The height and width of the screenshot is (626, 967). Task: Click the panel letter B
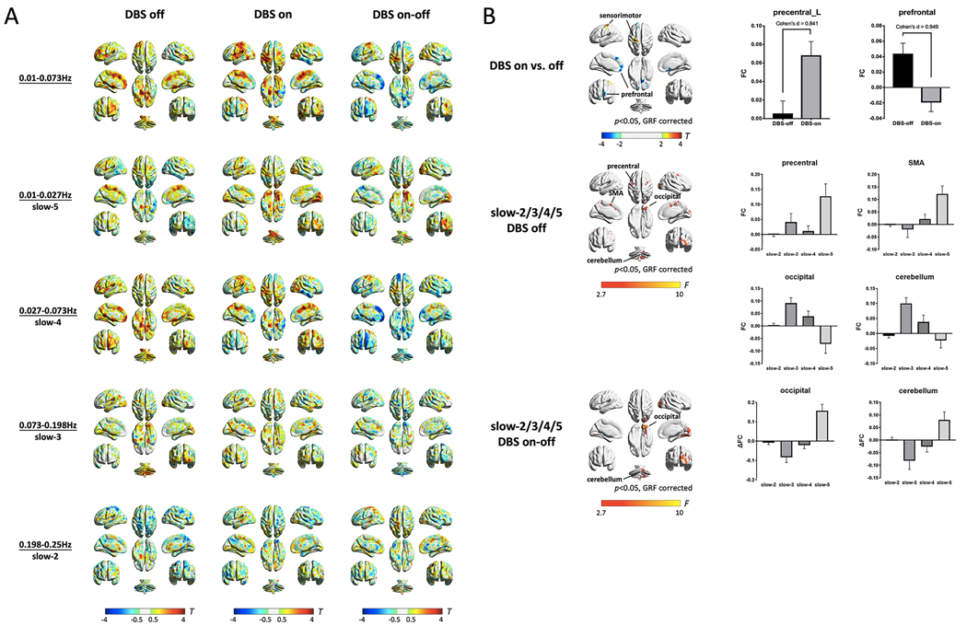(x=493, y=17)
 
